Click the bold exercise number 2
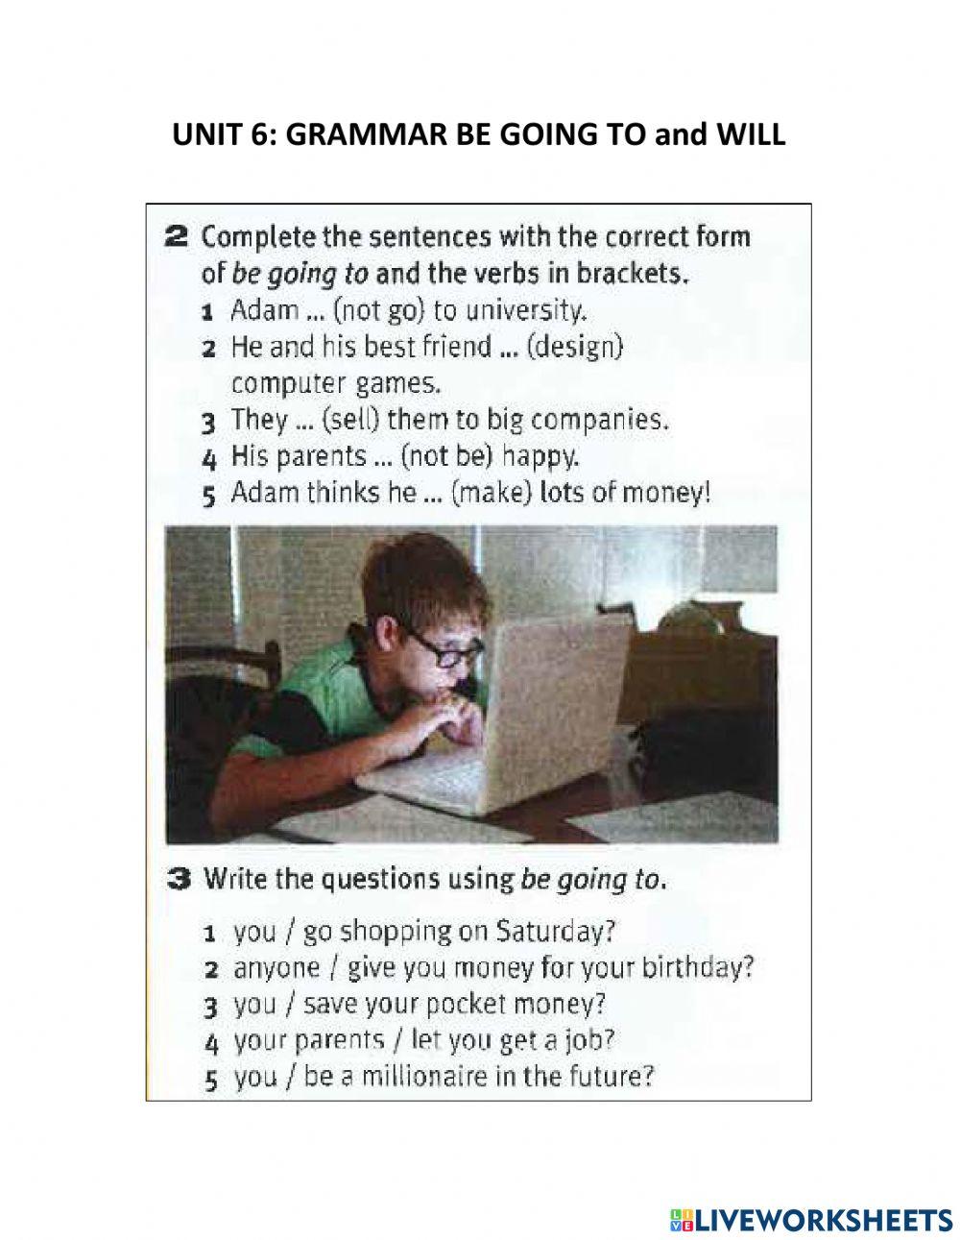coord(176,236)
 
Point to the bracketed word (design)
coord(575,347)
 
